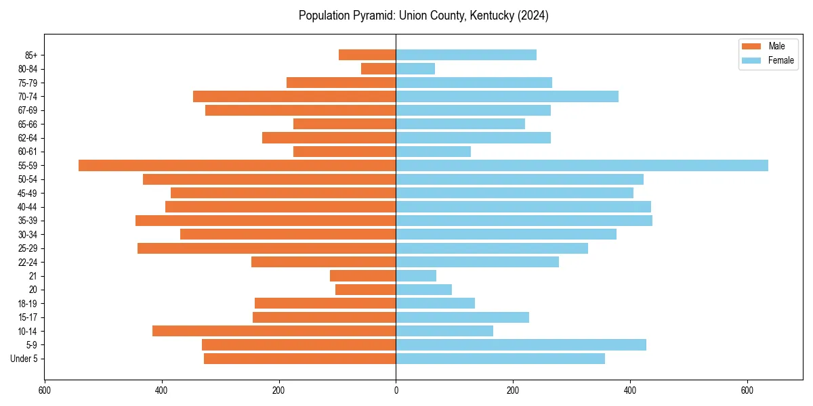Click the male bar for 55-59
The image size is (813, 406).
[237, 165]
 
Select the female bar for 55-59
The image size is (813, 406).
[582, 165]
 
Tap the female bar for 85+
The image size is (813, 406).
[466, 55]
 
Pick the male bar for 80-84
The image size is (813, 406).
[379, 68]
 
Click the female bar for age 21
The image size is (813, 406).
[416, 275]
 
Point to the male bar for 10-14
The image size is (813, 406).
[274, 331]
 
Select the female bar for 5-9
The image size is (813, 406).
[521, 344]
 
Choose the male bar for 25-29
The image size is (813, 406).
[267, 248]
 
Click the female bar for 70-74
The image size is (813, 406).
[507, 96]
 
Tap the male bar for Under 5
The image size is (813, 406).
[300, 359]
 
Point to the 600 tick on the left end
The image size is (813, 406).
[45, 390]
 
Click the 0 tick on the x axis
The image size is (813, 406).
[396, 390]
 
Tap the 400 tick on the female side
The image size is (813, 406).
[630, 390]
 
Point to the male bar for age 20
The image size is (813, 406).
[366, 290]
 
